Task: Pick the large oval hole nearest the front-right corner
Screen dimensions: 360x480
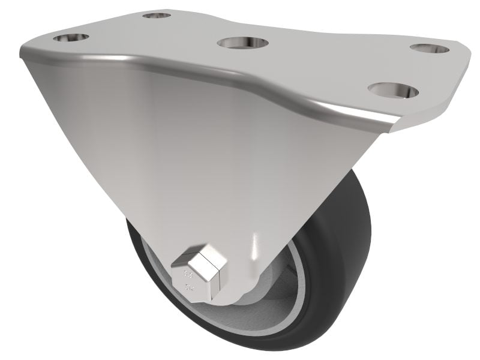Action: click(x=393, y=91)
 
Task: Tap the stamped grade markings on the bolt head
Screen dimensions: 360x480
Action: click(x=190, y=279)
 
